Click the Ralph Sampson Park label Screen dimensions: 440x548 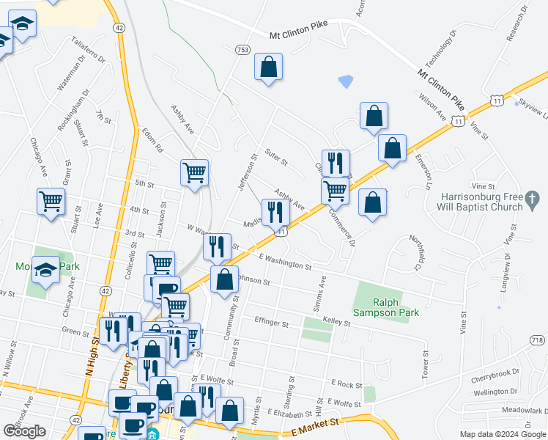coord(396,307)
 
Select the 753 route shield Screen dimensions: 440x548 coord(242,49)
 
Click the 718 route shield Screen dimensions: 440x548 coord(537,340)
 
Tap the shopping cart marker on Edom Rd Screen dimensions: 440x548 coord(194,173)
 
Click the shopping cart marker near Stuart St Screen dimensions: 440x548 coord(51,202)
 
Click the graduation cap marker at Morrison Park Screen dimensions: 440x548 coord(45,272)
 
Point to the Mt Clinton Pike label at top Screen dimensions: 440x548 coord(300,34)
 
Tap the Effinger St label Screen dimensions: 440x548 coord(272,320)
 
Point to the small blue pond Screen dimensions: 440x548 coord(345,81)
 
